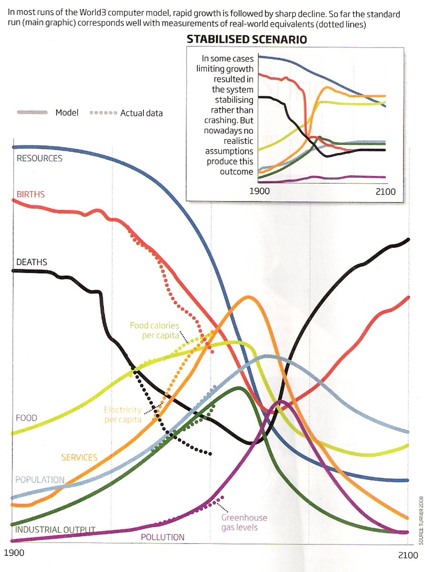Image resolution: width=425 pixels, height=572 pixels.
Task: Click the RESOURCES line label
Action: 40,158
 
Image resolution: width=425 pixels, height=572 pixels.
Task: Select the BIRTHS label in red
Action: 30,194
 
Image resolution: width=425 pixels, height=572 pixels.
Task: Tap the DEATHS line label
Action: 31,262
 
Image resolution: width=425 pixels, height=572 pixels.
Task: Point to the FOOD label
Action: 26,418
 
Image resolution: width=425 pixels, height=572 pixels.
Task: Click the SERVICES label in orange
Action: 79,458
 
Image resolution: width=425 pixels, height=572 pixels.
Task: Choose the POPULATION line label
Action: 40,480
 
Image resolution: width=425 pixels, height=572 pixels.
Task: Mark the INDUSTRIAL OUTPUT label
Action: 55,530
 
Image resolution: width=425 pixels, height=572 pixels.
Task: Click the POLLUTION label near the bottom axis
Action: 162,537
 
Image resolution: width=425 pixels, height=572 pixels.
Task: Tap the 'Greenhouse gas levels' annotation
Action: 244,522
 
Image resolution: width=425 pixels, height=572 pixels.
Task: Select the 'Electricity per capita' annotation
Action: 123,415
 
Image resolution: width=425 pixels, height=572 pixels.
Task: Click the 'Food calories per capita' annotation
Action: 154,331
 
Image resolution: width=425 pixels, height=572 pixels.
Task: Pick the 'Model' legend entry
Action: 67,113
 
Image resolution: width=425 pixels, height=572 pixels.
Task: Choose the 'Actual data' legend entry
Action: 142,113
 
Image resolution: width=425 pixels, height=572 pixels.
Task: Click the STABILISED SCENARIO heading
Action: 246,40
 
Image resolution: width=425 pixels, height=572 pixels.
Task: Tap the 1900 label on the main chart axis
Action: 14,554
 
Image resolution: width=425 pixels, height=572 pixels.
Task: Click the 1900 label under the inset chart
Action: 260,192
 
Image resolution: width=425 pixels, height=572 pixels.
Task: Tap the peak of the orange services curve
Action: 248,297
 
